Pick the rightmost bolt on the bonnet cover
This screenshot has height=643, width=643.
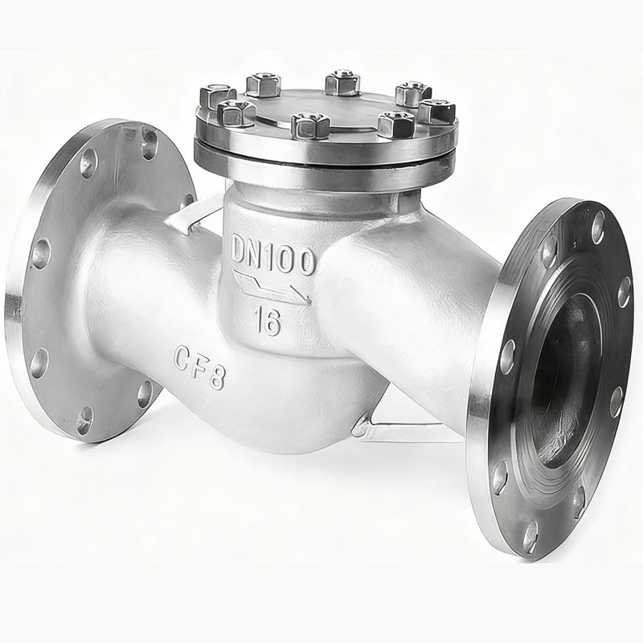click(x=438, y=111)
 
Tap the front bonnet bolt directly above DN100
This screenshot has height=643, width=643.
click(x=310, y=125)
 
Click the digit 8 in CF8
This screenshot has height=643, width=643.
click(x=215, y=379)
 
